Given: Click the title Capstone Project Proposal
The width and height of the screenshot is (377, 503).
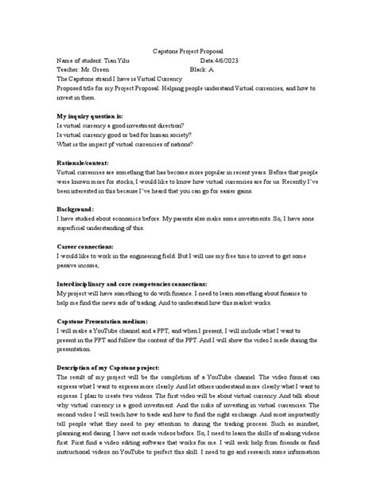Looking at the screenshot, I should click(188, 49).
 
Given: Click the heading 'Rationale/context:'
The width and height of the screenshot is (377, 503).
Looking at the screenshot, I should click(84, 161).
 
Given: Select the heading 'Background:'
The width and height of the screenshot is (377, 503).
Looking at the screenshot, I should click(76, 208).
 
